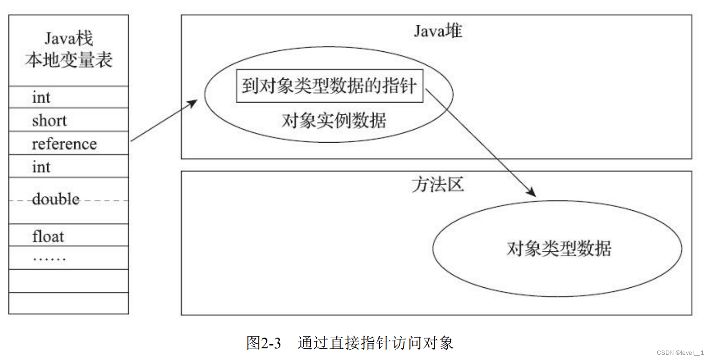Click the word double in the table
56,200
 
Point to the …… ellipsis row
49,258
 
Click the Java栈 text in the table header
69,38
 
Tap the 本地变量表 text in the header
69,60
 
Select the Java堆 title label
438,31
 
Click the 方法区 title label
438,185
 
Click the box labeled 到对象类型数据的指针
329,86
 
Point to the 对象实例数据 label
334,121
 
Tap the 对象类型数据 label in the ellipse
558,249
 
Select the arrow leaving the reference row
163,121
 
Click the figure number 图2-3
264,343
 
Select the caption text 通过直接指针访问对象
376,343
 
